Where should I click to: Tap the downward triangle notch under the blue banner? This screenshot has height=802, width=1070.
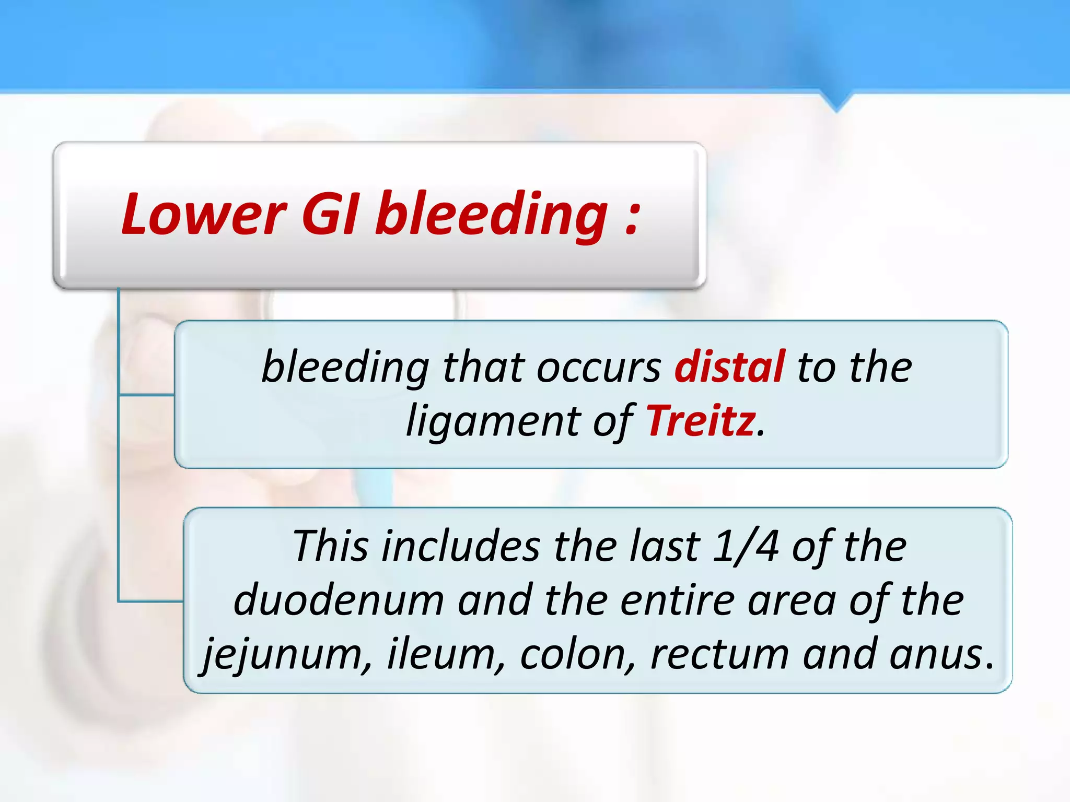click(836, 101)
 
